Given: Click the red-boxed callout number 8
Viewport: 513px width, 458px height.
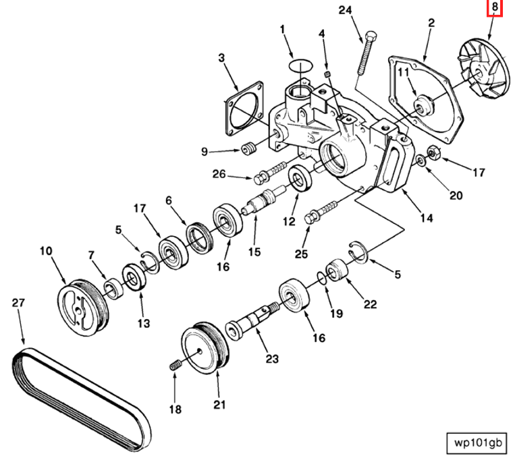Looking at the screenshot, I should pos(495,8).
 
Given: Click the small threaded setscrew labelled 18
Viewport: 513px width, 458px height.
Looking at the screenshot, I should pos(175,366).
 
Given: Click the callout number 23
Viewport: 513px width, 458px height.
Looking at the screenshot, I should pos(271,359).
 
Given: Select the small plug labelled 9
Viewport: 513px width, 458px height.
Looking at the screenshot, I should pos(246,148).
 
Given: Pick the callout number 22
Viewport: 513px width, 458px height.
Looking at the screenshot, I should pos(370,304).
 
